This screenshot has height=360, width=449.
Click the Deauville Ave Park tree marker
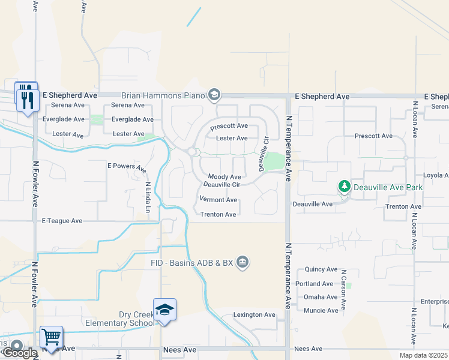tap(345, 187)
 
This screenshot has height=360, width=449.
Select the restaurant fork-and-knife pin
tap(26, 97)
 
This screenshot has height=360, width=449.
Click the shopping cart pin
tap(52, 337)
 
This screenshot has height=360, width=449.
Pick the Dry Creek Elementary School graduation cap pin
tap(164, 310)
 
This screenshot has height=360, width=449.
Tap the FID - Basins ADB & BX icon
tap(243, 262)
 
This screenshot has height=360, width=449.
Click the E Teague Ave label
tap(62, 221)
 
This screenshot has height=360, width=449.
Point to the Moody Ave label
tap(224, 177)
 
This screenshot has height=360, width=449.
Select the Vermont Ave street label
tap(218, 200)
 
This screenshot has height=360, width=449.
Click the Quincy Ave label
tap(321, 269)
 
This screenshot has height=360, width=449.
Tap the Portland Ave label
tap(319, 284)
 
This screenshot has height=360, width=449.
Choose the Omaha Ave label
tap(321, 297)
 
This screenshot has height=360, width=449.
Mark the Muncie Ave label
tap(321, 310)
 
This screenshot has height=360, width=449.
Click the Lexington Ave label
tap(254, 315)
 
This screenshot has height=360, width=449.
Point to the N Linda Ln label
tap(148, 197)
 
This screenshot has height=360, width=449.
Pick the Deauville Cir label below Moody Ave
tap(222, 184)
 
